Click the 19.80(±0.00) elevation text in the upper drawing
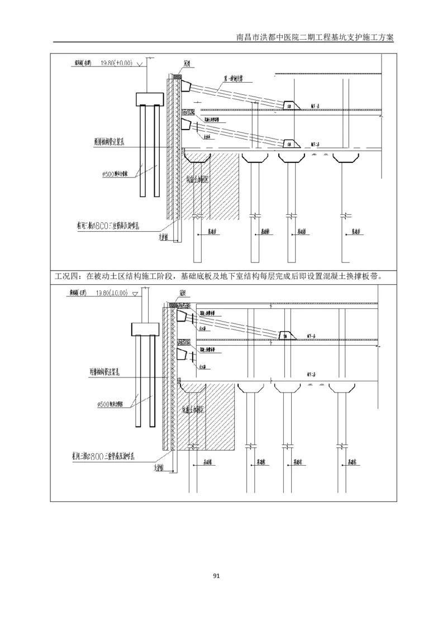(x=116, y=63)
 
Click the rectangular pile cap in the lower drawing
(x=146, y=329)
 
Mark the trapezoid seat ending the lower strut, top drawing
(x=290, y=144)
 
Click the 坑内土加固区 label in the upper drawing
(x=199, y=180)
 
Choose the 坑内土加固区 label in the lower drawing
(x=196, y=410)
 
